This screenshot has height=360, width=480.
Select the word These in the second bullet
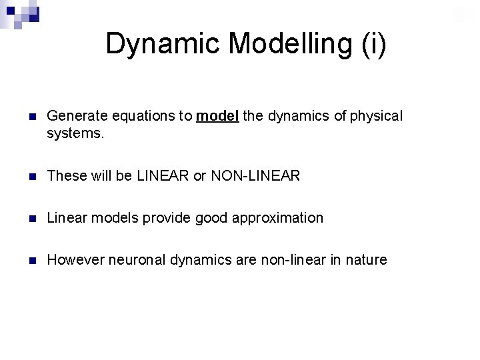64,176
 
